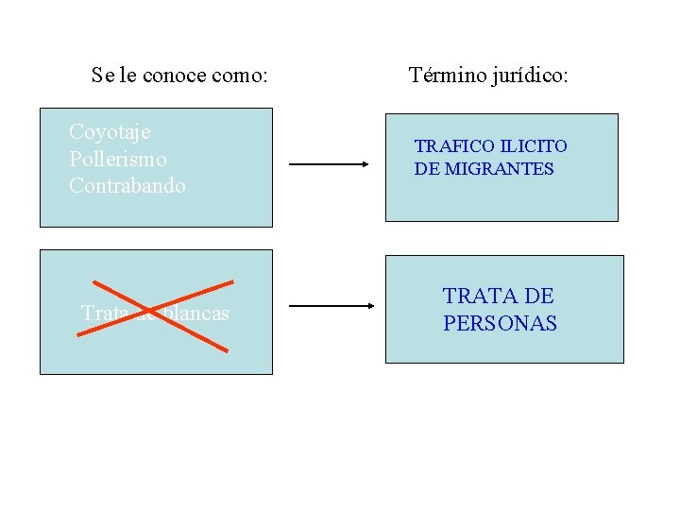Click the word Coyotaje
coord(110,132)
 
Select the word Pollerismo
coord(117,159)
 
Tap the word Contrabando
coord(127,185)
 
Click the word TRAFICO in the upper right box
coord(455,146)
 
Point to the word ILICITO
coord(534,146)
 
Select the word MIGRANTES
coord(507,169)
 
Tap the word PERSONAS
coord(500,323)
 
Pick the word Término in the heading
coord(446,75)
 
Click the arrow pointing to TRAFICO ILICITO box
coord(329,163)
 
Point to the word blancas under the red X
coord(195,313)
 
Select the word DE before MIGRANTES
coord(427,169)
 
